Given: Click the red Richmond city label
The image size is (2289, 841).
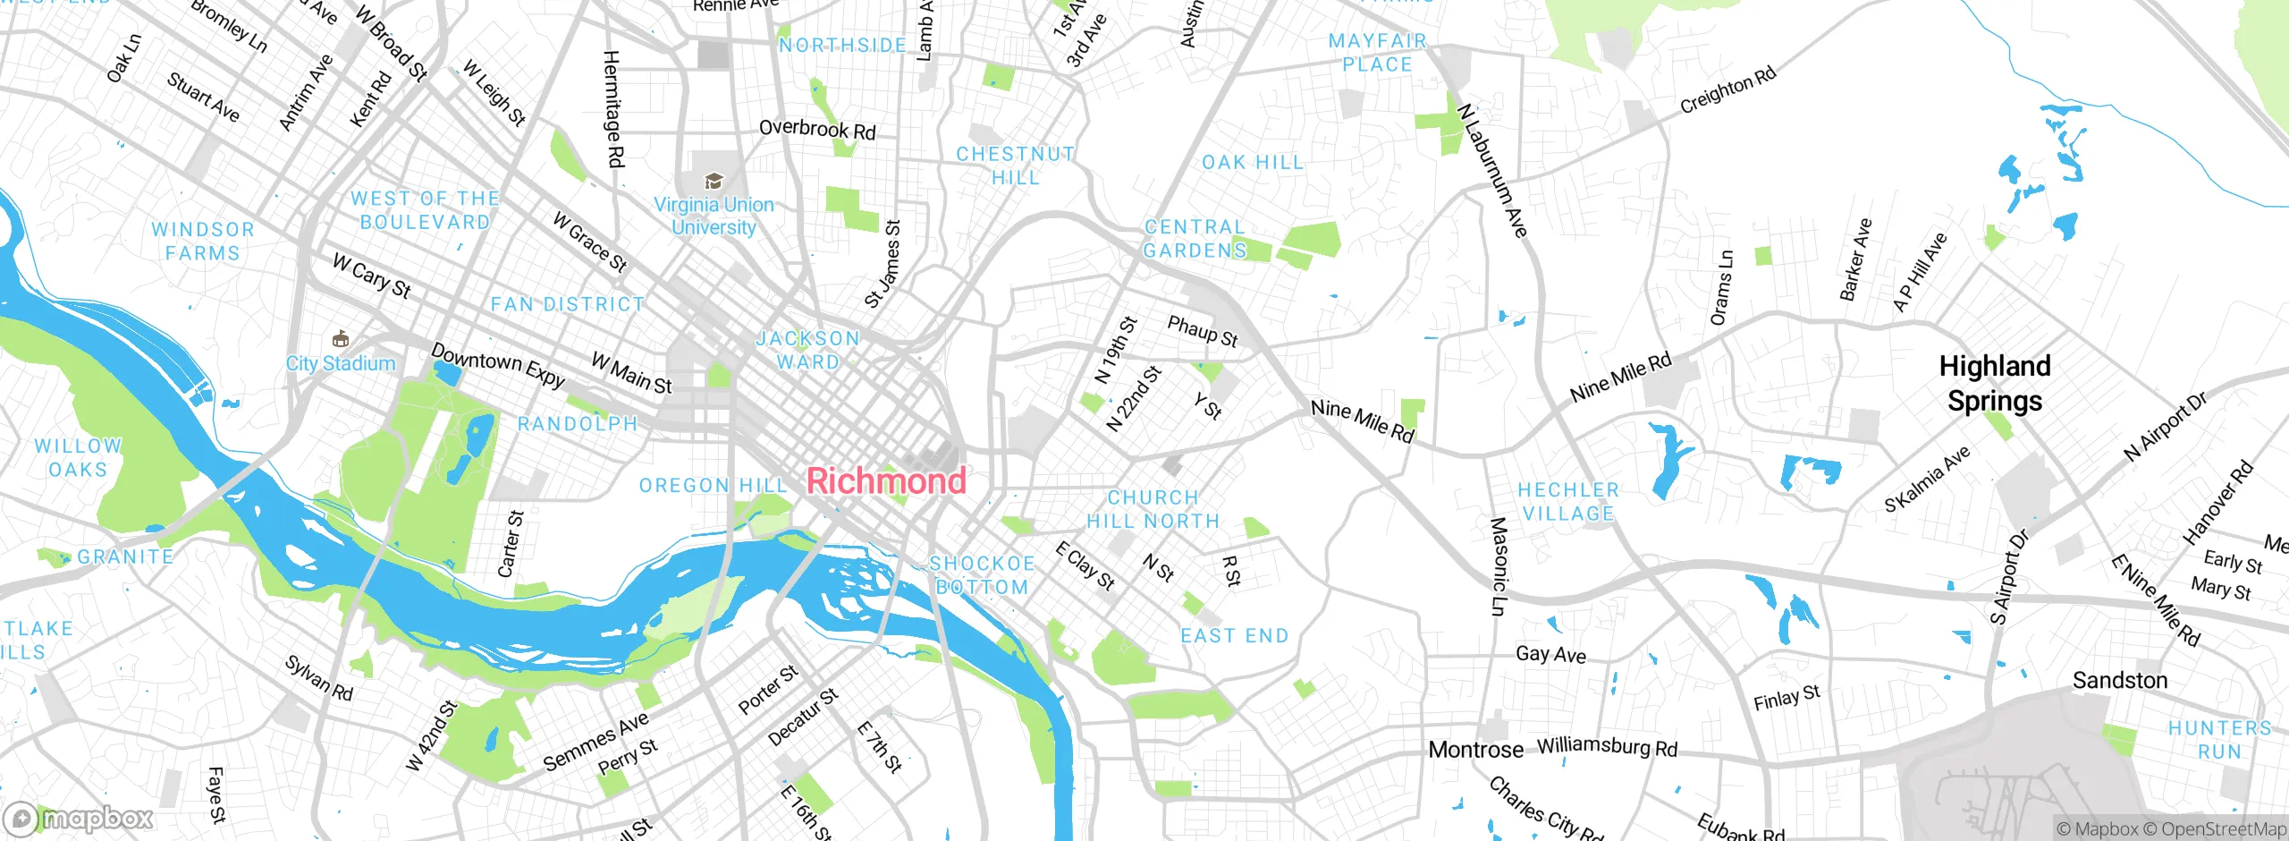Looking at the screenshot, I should click(886, 481).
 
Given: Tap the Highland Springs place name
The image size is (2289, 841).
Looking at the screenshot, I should click(1995, 383).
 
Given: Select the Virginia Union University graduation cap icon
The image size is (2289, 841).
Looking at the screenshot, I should click(713, 181).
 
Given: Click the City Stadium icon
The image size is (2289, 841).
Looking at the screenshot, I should click(340, 339).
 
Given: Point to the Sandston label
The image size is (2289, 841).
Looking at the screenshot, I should click(2120, 681).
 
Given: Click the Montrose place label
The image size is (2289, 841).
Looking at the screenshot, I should click(1475, 750).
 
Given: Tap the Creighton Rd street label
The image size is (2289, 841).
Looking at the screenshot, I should click(1727, 90).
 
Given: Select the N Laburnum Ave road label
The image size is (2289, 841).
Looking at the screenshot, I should click(1491, 171).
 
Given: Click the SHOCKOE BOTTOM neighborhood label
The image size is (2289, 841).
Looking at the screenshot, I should click(982, 575).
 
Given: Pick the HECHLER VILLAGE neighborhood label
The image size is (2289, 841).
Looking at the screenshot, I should click(1568, 502).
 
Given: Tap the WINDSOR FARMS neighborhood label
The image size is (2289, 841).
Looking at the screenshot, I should click(203, 242).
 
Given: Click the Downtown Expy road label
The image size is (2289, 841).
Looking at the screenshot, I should click(498, 365).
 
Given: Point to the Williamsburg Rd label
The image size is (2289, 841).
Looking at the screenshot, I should click(1607, 747).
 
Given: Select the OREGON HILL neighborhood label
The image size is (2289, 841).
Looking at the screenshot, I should click(713, 486).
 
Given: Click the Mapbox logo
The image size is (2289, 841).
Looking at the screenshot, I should click(79, 818).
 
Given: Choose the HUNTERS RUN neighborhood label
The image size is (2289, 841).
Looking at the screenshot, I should click(2219, 740).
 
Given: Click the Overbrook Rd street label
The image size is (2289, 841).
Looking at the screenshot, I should click(816, 129).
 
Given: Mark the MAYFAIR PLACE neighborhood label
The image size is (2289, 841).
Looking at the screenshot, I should click(1377, 53).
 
